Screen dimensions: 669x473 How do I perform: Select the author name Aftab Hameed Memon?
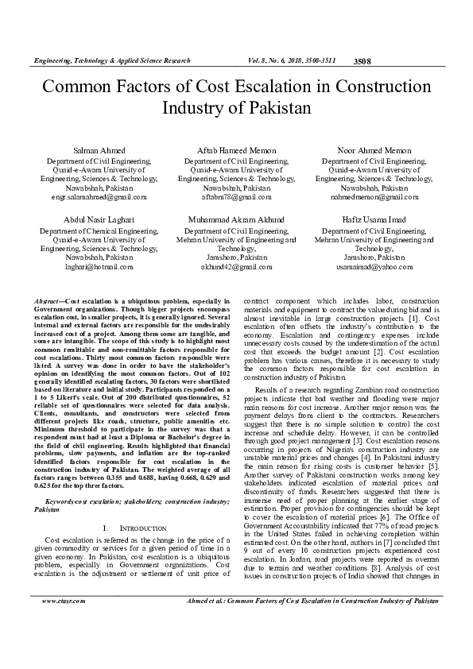point(236,149)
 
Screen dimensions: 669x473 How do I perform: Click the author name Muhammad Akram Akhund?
point(236,218)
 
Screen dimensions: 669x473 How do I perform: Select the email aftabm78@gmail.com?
point(236,196)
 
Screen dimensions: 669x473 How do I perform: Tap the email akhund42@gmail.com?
point(236,268)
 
